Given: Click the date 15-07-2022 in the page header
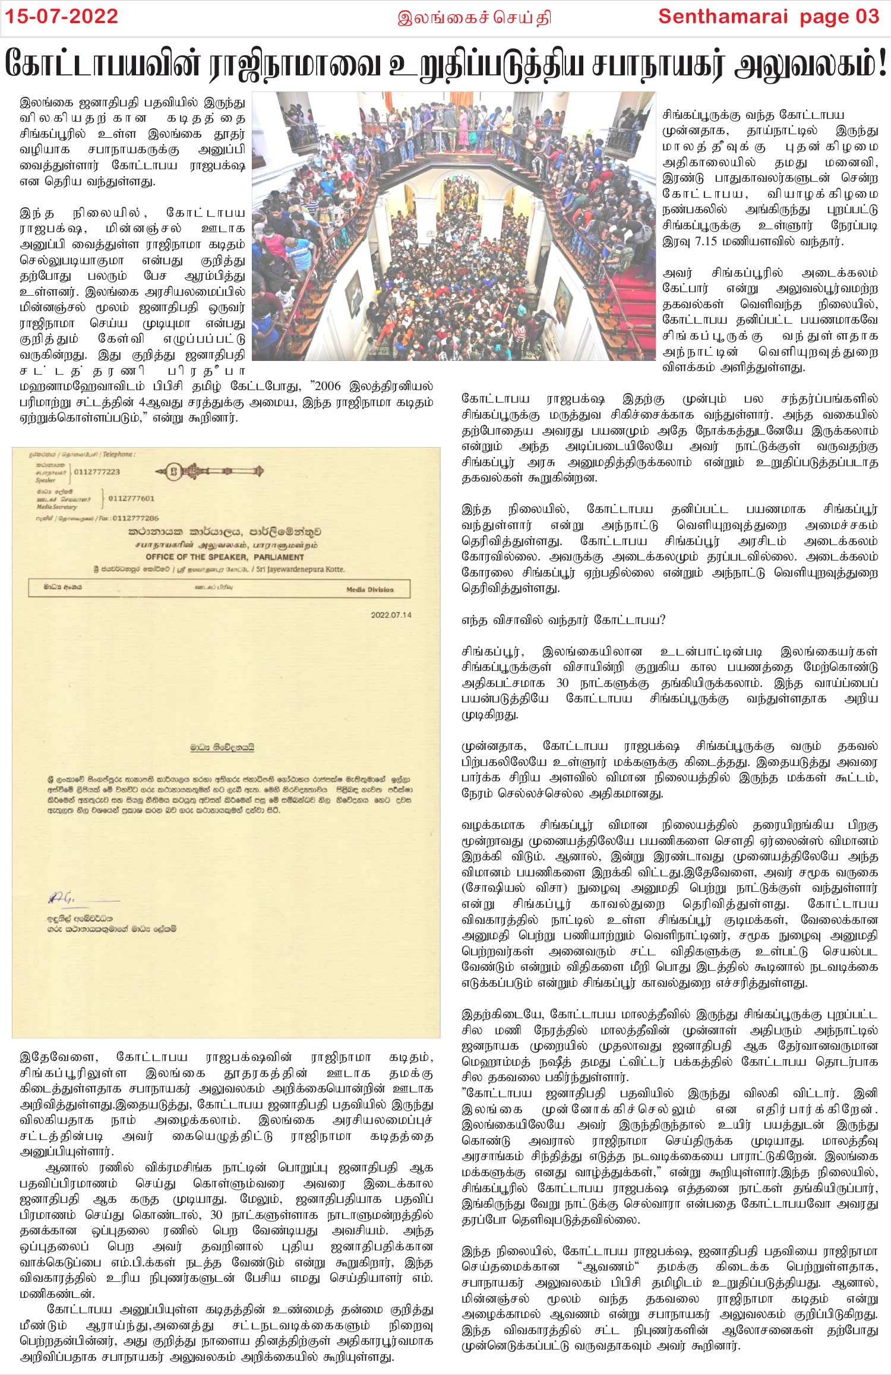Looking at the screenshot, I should click(62, 16).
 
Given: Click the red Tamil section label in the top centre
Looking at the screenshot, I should click(474, 18).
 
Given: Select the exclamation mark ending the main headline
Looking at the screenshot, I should click(881, 64).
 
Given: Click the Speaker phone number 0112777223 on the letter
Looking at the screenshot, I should click(97, 472).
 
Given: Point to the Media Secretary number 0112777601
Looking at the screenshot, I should click(131, 499).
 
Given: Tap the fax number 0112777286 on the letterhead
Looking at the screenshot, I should click(135, 518).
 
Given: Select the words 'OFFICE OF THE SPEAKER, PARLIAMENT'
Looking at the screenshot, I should click(225, 557).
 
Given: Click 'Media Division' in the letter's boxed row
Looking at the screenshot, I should click(369, 590).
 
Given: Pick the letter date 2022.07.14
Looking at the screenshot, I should click(391, 615).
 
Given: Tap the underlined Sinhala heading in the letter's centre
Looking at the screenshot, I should click(222, 747).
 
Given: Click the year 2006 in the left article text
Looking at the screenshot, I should click(328, 386).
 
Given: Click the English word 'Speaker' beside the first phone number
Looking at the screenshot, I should click(45, 480).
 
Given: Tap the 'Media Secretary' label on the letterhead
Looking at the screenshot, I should click(57, 507).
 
